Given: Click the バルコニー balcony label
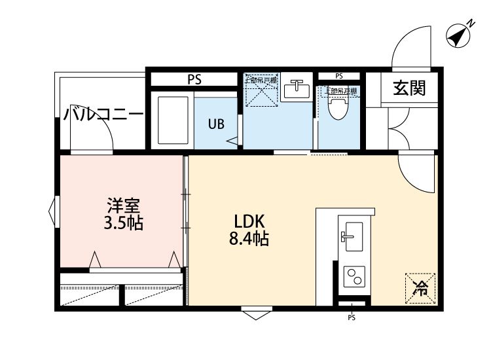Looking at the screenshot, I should pyautogui.click(x=103, y=115).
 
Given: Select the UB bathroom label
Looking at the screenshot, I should pyautogui.click(x=216, y=123).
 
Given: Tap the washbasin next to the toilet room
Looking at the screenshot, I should pyautogui.click(x=298, y=88).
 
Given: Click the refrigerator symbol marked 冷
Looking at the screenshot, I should pyautogui.click(x=419, y=287).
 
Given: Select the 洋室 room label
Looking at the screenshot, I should pyautogui.click(x=123, y=205).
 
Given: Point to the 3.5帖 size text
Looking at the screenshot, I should pyautogui.click(x=123, y=223).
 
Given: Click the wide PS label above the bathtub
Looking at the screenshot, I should pyautogui.click(x=194, y=79).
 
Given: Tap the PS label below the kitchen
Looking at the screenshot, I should pyautogui.click(x=352, y=319).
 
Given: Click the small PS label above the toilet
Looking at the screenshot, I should pyautogui.click(x=339, y=75).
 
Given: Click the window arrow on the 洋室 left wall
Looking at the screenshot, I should pyautogui.click(x=51, y=211).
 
